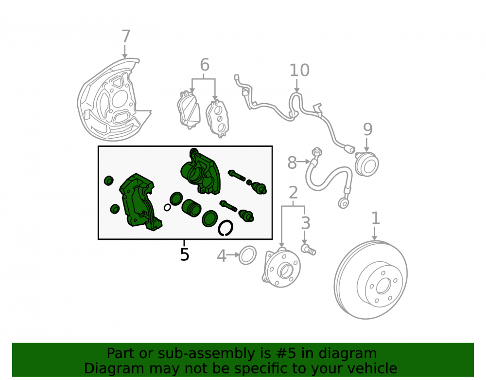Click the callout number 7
pos(125,36)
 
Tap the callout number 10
pos(299,70)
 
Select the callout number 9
pos(367,129)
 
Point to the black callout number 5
pos(184,254)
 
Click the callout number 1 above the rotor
pos(375,218)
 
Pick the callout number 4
pos(221,256)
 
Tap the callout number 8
pos(292,163)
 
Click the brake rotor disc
pos(371,279)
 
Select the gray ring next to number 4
pos(248,255)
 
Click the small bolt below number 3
pos(309,249)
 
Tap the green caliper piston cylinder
pos(191,208)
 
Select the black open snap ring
pos(226,228)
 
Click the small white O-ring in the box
pos(167,207)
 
